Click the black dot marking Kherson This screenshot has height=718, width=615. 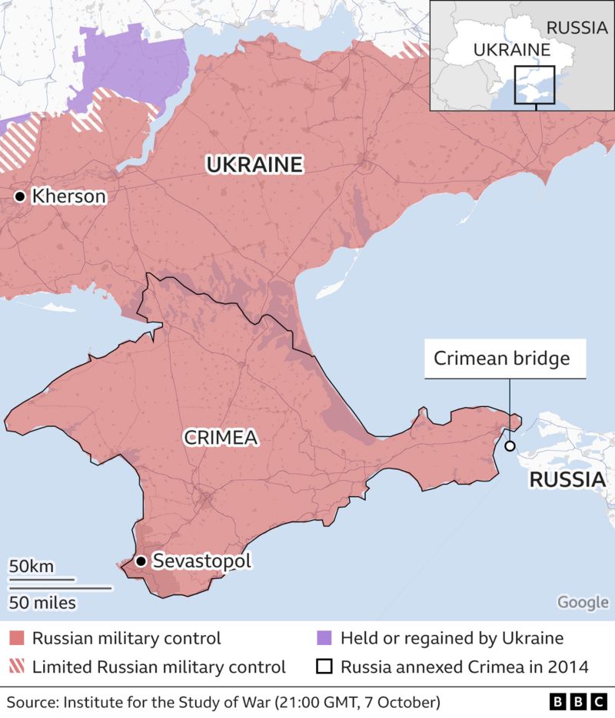(x=19, y=197)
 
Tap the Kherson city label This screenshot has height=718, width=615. (x=68, y=197)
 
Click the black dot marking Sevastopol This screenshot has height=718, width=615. (x=141, y=561)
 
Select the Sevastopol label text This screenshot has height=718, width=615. (x=202, y=561)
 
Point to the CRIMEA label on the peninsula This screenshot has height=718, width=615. (x=220, y=438)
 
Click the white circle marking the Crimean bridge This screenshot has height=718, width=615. (x=509, y=446)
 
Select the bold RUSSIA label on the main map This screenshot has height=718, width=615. (x=567, y=481)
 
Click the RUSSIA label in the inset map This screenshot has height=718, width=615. (x=576, y=28)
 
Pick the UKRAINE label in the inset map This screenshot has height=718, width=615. (x=511, y=50)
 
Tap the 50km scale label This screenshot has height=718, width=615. (x=32, y=567)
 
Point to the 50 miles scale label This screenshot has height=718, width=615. (x=42, y=602)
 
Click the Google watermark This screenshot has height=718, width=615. (x=583, y=602)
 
